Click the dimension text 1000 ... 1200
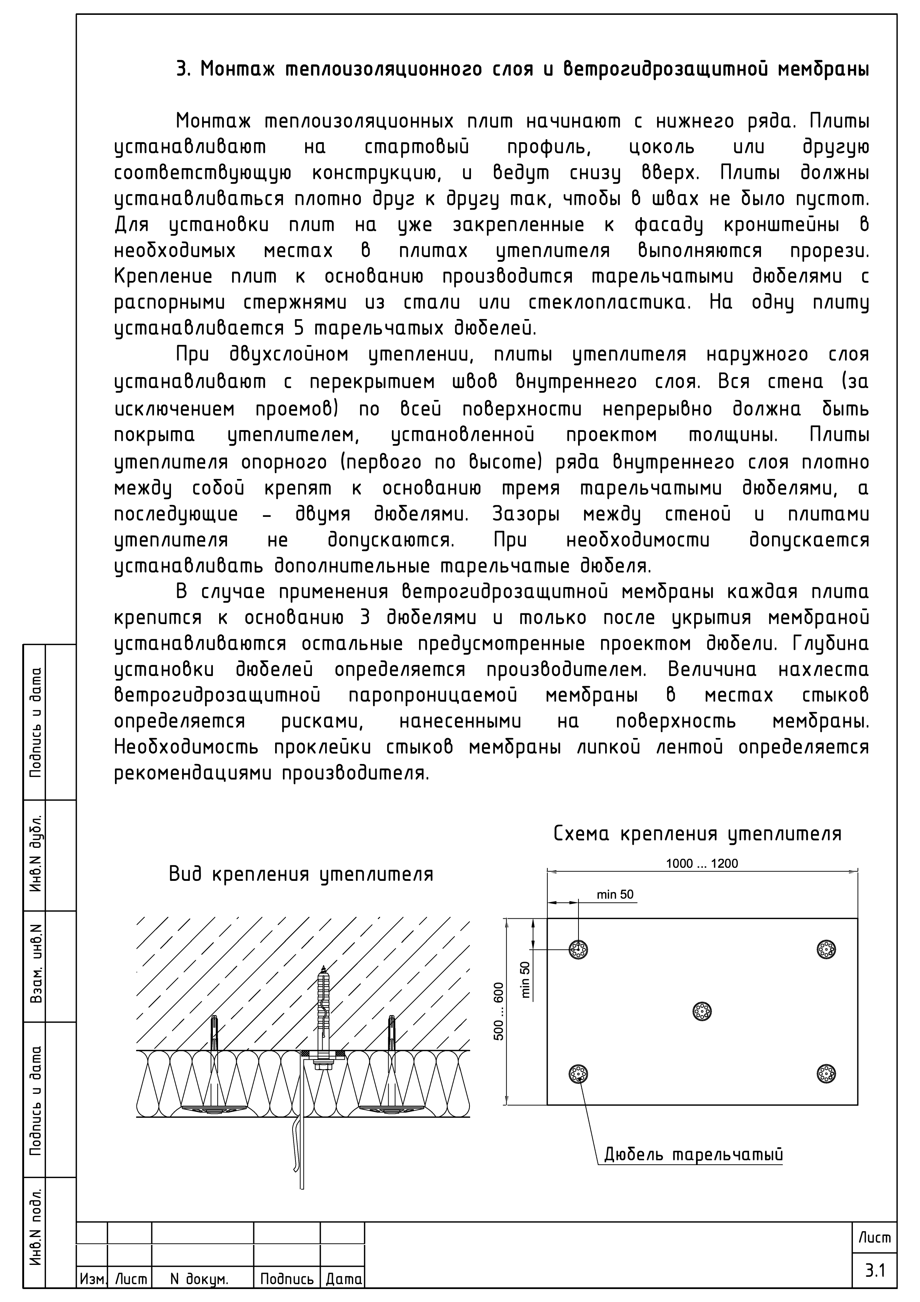click(702, 864)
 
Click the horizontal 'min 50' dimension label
click(615, 895)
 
